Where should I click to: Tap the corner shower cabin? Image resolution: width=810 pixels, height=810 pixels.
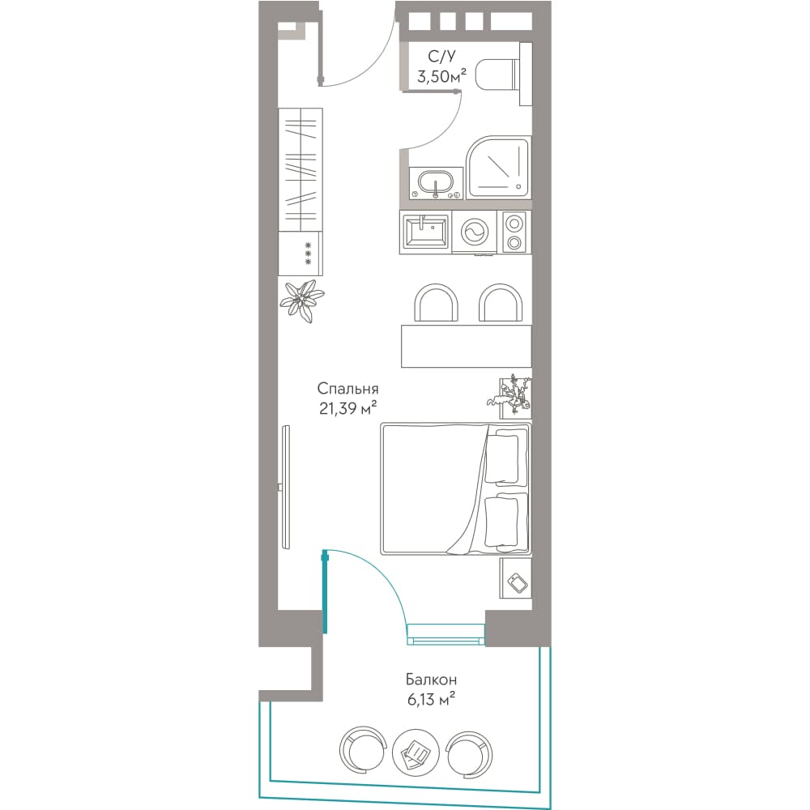(498, 168)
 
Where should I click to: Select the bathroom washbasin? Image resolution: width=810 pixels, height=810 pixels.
(436, 183)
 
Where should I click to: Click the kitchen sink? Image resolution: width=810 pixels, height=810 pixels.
(426, 232)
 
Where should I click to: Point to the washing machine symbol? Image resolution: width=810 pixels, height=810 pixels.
(474, 232)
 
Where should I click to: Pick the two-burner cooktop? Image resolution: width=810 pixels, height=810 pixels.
(514, 232)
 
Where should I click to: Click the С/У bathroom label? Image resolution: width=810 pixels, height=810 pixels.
(441, 56)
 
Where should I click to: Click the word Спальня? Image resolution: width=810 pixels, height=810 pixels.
(347, 389)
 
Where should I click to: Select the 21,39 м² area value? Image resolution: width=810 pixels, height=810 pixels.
(347, 408)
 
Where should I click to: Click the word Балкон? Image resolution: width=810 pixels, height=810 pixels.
(431, 679)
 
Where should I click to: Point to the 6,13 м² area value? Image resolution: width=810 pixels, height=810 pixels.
(431, 700)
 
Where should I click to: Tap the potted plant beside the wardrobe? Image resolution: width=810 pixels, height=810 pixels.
(302, 301)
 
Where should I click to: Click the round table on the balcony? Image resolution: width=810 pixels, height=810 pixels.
(416, 752)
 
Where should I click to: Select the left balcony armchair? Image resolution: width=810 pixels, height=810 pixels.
(363, 752)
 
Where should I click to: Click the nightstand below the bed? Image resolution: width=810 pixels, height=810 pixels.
(515, 578)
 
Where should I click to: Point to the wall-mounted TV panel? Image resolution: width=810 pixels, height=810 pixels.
(286, 487)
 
